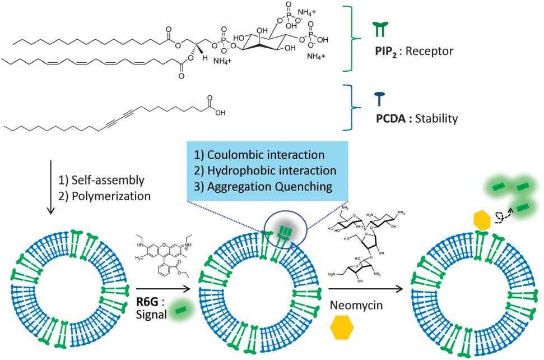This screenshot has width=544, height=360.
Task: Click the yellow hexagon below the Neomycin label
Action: click(342, 328)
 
